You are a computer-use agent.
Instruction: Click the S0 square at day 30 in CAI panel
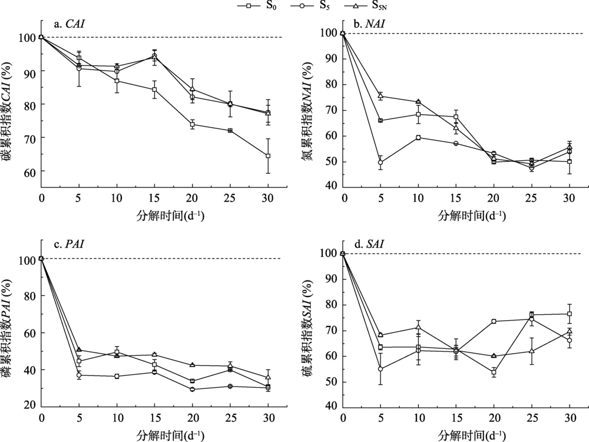point(268,156)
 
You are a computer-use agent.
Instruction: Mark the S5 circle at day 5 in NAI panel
point(380,163)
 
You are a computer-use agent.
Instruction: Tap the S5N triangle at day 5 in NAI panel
point(380,96)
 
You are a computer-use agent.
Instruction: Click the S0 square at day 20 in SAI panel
point(494,372)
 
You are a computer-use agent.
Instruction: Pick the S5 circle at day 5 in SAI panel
point(380,369)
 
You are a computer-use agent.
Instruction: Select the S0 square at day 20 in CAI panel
point(193,124)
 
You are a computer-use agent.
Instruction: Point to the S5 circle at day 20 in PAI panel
point(193,390)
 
